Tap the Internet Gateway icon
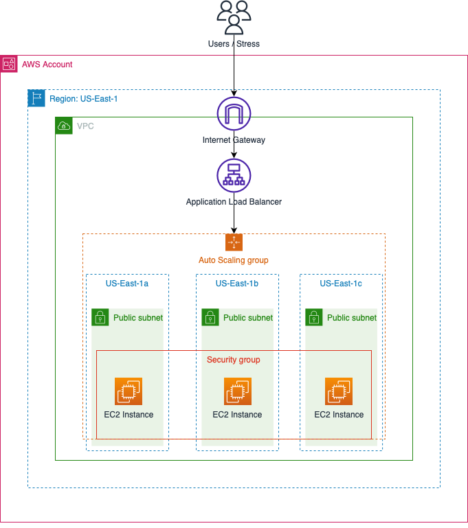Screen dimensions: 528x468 coord(234,113)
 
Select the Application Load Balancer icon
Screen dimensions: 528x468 coord(234,176)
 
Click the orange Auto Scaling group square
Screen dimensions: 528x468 coord(234,242)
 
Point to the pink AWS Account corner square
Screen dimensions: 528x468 coord(9,64)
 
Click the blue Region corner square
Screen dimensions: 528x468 coord(36,98)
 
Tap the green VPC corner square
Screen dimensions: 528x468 coord(64,126)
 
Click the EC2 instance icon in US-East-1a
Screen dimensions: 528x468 coord(129,391)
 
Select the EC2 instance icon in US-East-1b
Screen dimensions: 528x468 coord(238,391)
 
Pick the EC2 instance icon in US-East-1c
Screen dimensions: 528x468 coord(339,391)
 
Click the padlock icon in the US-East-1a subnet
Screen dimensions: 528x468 coord(100,317)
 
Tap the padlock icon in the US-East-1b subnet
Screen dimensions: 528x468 coord(210,317)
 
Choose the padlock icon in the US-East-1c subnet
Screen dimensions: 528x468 coord(314,317)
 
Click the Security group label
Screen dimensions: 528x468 coord(234,360)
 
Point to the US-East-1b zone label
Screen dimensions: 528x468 coord(237,284)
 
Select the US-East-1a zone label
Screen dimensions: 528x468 coord(127,284)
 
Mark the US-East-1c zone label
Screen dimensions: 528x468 coord(341,284)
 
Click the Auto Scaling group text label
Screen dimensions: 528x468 coord(234,260)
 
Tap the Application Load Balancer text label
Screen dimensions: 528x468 coord(234,202)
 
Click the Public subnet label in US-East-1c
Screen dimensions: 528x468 coord(351,318)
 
